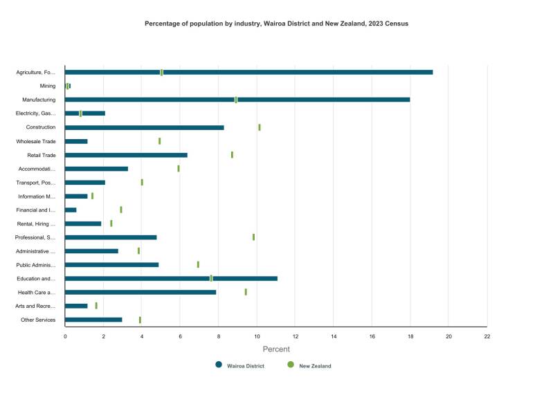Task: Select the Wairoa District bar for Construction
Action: [144, 127]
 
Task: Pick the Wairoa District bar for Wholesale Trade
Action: [76, 141]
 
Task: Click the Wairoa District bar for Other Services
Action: [93, 320]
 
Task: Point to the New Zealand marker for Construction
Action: [260, 127]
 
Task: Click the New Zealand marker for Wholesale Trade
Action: [159, 141]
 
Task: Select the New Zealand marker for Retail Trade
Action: [232, 155]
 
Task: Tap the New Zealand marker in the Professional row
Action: [253, 237]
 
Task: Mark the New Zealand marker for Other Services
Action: [140, 320]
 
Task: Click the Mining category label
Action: [48, 86]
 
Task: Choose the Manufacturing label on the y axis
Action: [39, 100]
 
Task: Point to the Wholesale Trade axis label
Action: [36, 141]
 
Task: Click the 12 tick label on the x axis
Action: [295, 337]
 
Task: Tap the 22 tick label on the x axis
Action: [487, 337]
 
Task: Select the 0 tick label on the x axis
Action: [65, 337]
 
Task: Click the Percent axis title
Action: [276, 349]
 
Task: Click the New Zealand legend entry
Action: [315, 366]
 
